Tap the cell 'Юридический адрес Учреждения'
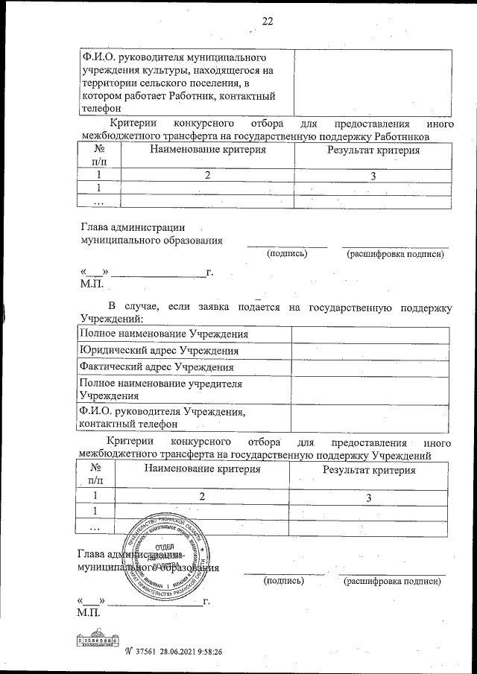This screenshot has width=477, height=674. point(159,351)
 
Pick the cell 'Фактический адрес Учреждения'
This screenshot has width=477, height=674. point(157,367)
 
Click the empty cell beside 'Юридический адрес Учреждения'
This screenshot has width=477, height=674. point(370,351)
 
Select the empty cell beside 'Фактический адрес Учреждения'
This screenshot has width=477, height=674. point(370,367)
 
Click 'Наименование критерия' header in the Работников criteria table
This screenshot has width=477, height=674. point(207,150)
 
